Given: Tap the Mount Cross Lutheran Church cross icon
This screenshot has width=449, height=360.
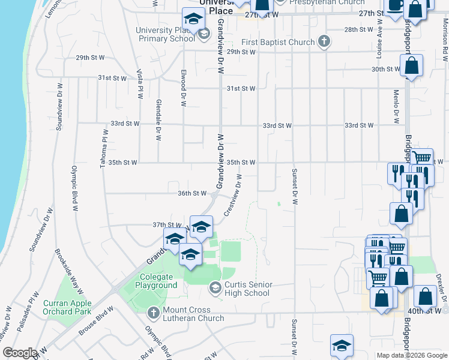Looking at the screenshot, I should pos(153,313).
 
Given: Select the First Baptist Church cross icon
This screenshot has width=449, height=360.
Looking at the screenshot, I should pos(324,41).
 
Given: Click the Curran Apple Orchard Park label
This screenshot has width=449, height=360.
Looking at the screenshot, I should pos(67,307).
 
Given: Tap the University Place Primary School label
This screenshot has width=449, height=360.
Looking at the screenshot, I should pos(163,34).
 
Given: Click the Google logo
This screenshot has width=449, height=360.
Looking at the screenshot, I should pos(19,353).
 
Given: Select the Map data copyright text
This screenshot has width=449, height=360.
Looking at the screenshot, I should pos(412,355).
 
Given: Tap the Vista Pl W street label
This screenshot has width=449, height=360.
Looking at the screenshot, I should pos(140,86).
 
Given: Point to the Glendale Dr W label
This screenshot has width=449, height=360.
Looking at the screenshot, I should pos(158,119).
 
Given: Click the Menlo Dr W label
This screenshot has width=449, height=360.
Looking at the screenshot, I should pos(396,106).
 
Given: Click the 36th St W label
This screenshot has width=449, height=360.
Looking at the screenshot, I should pos(192,193).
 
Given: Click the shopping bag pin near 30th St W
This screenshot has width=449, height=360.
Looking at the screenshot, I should pos(411,68).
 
